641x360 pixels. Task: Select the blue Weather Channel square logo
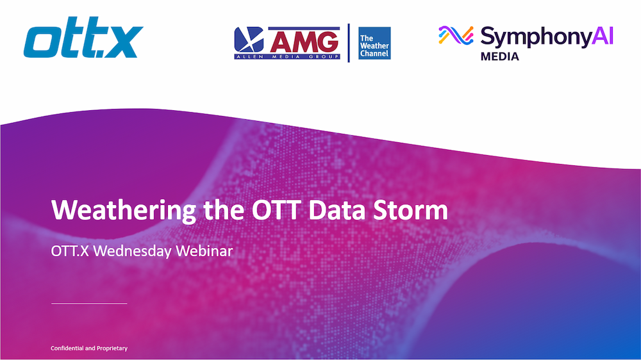[x=374, y=43]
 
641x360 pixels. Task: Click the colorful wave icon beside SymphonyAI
[x=456, y=36]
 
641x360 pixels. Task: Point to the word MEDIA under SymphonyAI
[x=499, y=56]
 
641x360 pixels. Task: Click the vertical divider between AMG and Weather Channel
[x=348, y=43]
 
